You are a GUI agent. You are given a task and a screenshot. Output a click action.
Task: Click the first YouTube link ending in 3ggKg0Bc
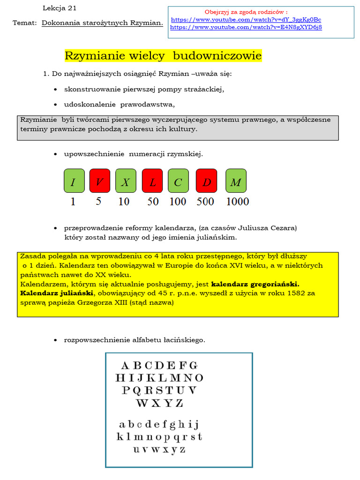coord(246,20)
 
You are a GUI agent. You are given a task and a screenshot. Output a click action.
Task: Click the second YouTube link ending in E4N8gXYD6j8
coord(246,27)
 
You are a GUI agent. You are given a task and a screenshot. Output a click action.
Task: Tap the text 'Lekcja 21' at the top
coord(60,8)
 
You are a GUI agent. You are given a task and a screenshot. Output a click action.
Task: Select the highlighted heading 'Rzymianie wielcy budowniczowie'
coord(163,56)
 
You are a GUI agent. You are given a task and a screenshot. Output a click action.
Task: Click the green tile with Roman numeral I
coord(74,181)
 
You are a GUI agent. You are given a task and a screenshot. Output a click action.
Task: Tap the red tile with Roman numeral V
coord(99,181)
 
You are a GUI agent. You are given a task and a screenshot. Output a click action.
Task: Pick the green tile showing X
coord(126,181)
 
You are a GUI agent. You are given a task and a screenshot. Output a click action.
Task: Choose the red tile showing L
coord(152,181)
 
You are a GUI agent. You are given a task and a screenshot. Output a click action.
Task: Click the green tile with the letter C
coord(178,181)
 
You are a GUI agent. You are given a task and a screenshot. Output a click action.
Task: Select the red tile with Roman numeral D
coord(206,181)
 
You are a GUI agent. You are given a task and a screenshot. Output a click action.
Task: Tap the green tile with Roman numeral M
coord(236,181)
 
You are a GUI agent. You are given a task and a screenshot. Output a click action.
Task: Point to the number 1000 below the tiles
coord(237,202)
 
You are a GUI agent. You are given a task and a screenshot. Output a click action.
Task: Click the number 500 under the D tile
coord(205,202)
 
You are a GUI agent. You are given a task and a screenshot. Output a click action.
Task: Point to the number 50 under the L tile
coord(153,202)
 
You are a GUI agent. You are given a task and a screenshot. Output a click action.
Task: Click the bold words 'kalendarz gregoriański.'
coord(255,284)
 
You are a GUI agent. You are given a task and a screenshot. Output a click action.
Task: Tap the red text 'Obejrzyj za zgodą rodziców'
coord(246,12)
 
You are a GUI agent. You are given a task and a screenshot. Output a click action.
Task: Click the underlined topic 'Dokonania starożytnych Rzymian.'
coord(102,22)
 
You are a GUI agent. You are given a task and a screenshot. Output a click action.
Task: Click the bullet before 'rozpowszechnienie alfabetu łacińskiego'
coord(56,340)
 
